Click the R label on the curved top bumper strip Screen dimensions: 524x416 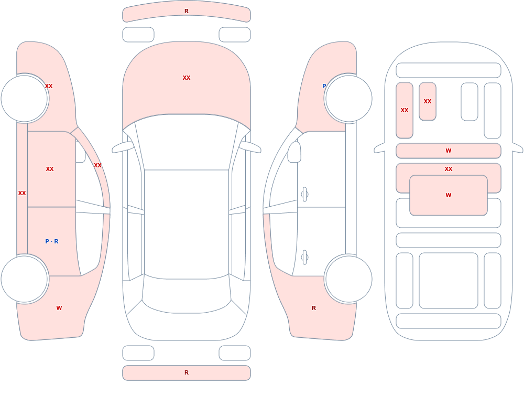coord(187,11)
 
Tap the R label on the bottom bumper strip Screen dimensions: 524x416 coord(187,372)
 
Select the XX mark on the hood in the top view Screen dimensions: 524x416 coord(187,78)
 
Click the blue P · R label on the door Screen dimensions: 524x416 coord(52,241)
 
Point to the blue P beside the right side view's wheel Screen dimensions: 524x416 coord(324,86)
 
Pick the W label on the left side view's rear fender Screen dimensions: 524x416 coord(59,308)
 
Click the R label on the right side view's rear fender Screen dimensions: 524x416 coord(314,308)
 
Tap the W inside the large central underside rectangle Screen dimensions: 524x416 coord(449,195)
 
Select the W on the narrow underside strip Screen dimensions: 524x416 coord(449,151)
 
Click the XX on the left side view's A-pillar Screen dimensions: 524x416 coord(97,165)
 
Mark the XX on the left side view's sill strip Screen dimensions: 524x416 coord(22,193)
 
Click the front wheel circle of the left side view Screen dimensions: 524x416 coord(25,99)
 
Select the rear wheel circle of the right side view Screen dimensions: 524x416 coord(348,279)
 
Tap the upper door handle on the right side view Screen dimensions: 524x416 coord(304,194)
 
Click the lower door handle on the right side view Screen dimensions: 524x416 coord(304,257)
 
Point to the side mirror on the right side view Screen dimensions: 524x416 coord(294,152)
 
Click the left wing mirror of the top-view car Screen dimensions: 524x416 coord(122,147)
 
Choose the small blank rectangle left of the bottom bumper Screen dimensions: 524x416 coord(138,353)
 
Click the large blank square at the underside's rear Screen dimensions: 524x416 coord(449,281)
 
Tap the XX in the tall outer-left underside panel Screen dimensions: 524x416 coord(405,110)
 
